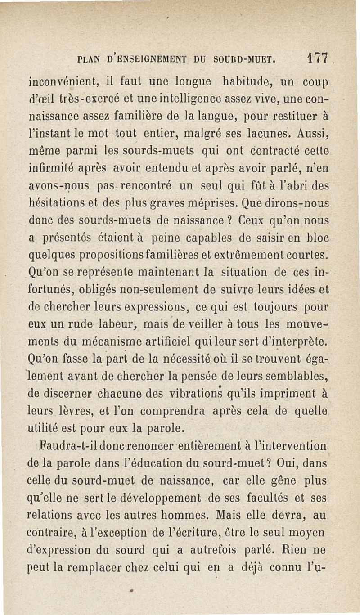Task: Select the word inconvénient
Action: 60,83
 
